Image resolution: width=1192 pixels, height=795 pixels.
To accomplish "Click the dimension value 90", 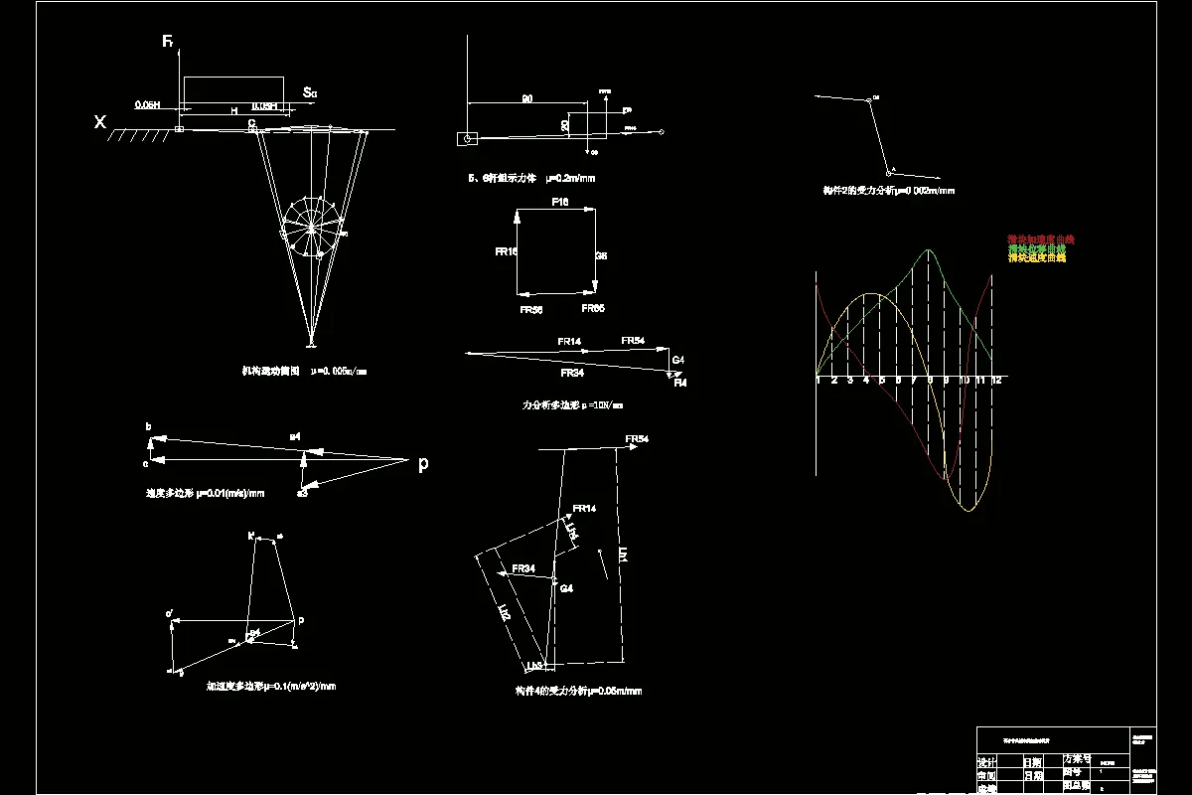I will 526,98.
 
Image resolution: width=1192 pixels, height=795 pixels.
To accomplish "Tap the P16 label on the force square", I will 560,202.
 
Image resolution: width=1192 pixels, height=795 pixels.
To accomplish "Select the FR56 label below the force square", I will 530,310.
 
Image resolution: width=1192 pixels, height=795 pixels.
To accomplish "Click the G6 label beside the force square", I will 601,256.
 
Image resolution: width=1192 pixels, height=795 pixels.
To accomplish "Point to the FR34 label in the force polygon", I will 571,374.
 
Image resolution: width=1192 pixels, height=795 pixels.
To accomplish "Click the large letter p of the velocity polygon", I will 423,463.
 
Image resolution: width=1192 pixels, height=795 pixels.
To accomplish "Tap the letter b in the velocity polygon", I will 149,427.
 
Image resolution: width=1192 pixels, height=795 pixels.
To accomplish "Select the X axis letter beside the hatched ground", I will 99,122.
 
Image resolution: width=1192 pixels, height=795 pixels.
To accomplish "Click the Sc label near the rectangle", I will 310,93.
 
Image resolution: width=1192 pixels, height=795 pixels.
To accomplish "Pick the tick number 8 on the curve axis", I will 930,381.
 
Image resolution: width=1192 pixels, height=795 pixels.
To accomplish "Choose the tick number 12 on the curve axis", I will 994,381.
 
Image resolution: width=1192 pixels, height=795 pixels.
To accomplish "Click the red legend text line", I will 1041,239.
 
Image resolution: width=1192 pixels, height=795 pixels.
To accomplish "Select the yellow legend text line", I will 1036,257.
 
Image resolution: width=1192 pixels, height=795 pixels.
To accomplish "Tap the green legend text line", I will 1036,248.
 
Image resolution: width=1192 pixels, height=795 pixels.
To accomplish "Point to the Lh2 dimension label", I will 504,613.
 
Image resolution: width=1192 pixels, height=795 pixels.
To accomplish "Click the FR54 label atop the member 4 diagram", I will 637,438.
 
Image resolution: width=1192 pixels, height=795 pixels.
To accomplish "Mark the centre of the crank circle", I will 312,228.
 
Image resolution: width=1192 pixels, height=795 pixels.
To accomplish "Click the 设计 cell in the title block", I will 987,762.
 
